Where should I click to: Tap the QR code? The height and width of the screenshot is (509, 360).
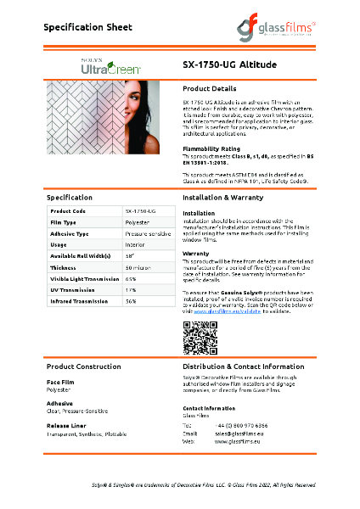click(x=195, y=338)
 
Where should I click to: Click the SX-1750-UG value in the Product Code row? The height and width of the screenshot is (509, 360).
click(x=140, y=210)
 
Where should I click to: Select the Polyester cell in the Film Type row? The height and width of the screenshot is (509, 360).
click(x=138, y=221)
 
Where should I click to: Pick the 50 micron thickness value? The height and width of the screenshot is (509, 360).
click(x=138, y=267)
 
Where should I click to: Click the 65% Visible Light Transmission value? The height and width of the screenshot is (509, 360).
click(x=132, y=278)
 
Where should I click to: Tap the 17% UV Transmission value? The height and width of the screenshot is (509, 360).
click(x=132, y=290)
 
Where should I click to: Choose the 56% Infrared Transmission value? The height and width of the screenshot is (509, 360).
click(x=132, y=301)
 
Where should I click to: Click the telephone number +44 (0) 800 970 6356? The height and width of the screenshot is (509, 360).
click(x=245, y=425)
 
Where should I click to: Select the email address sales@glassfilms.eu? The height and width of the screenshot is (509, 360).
click(x=242, y=433)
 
